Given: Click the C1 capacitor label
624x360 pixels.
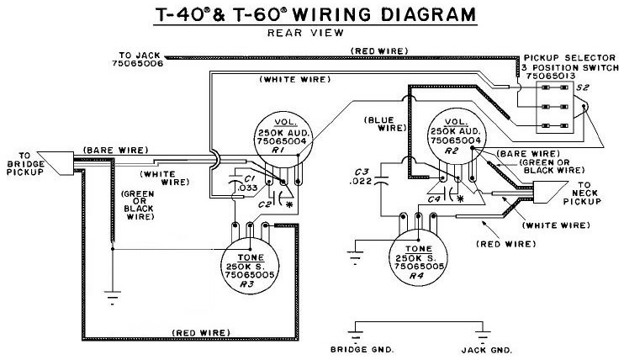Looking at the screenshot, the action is pos(249,178).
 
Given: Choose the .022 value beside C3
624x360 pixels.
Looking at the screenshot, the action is pos(361,181).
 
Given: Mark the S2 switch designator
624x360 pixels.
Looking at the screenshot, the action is pos(582,87).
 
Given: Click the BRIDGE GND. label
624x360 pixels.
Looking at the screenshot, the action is pos(362,350).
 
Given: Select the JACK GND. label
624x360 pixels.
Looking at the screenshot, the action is pos(486,350).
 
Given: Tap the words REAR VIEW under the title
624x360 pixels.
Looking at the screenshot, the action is pos(305,33).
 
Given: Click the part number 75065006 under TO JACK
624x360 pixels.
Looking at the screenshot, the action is pos(138,64).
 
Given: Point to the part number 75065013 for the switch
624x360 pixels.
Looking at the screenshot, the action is pos(550,76).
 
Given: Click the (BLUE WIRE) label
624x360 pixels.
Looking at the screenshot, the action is pos(385,124).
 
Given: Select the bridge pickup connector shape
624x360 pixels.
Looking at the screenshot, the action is pos(56,163).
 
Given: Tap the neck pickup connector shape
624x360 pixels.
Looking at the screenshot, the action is pos(550,193).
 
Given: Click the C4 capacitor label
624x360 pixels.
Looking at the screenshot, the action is pos(434,199).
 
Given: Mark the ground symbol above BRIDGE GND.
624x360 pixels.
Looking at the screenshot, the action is pos(355,335).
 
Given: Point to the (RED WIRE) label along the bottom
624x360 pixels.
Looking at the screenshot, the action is pos(201,332).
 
